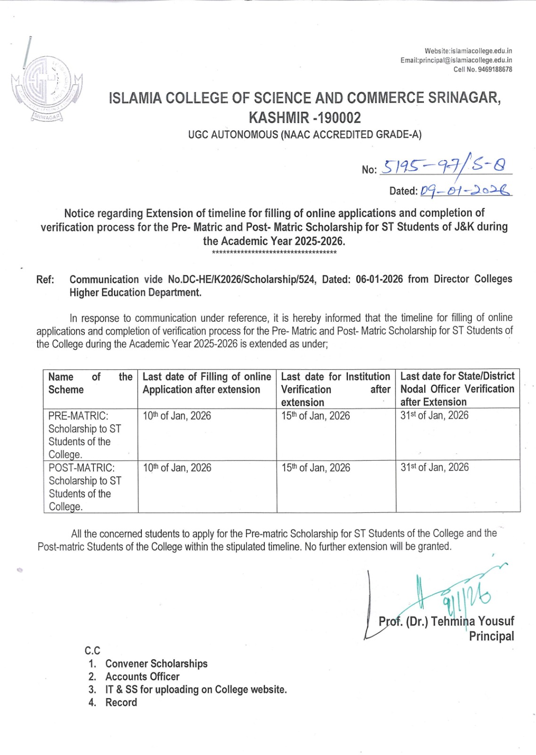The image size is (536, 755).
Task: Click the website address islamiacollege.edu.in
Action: tap(481, 51)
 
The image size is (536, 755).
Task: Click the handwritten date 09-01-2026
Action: tap(465, 191)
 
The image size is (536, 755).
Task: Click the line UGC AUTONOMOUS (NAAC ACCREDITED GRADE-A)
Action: tap(305, 135)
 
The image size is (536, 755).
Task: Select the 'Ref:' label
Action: tap(45, 280)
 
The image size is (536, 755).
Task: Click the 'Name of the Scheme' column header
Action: tap(90, 383)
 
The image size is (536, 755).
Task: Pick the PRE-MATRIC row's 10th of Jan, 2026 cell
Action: tap(177, 416)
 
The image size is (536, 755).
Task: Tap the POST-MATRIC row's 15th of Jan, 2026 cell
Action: tap(316, 468)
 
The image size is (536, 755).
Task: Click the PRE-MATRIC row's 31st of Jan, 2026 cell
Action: tap(435, 415)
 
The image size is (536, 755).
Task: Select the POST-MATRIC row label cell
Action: tap(85, 487)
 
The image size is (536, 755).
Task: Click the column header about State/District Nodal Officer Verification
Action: tap(457, 389)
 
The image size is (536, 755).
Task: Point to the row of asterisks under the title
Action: tap(274, 253)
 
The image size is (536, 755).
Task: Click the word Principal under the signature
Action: tap(491, 636)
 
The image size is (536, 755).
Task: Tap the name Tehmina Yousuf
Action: tap(472, 621)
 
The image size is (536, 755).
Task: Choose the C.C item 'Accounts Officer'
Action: tap(142, 677)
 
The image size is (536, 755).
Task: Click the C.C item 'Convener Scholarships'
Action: tap(157, 663)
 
